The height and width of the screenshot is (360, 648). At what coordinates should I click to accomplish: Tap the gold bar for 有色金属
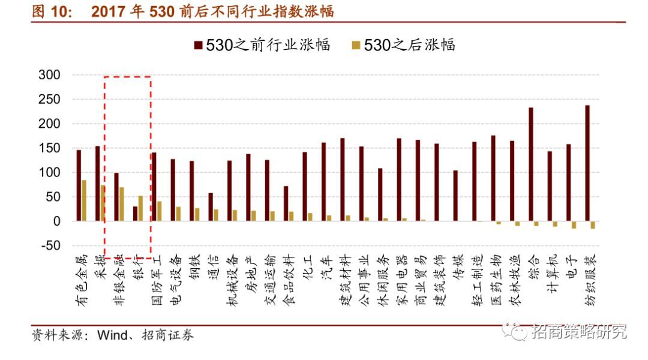click(x=84, y=200)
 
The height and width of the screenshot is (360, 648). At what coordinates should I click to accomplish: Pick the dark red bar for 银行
click(x=135, y=214)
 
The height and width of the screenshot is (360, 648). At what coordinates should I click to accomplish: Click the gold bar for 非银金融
click(x=122, y=204)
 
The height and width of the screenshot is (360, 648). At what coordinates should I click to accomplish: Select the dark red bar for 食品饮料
click(x=286, y=203)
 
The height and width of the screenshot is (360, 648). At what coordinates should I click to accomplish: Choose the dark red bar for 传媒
click(x=455, y=196)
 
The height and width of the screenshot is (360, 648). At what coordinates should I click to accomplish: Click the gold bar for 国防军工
click(x=160, y=211)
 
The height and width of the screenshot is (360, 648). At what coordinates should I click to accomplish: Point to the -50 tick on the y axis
click(x=49, y=245)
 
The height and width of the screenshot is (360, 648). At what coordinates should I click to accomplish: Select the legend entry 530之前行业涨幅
click(x=262, y=44)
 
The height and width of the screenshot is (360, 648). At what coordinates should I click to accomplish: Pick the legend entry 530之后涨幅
click(x=403, y=44)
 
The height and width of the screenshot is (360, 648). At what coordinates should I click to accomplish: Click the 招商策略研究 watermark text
click(x=578, y=331)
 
